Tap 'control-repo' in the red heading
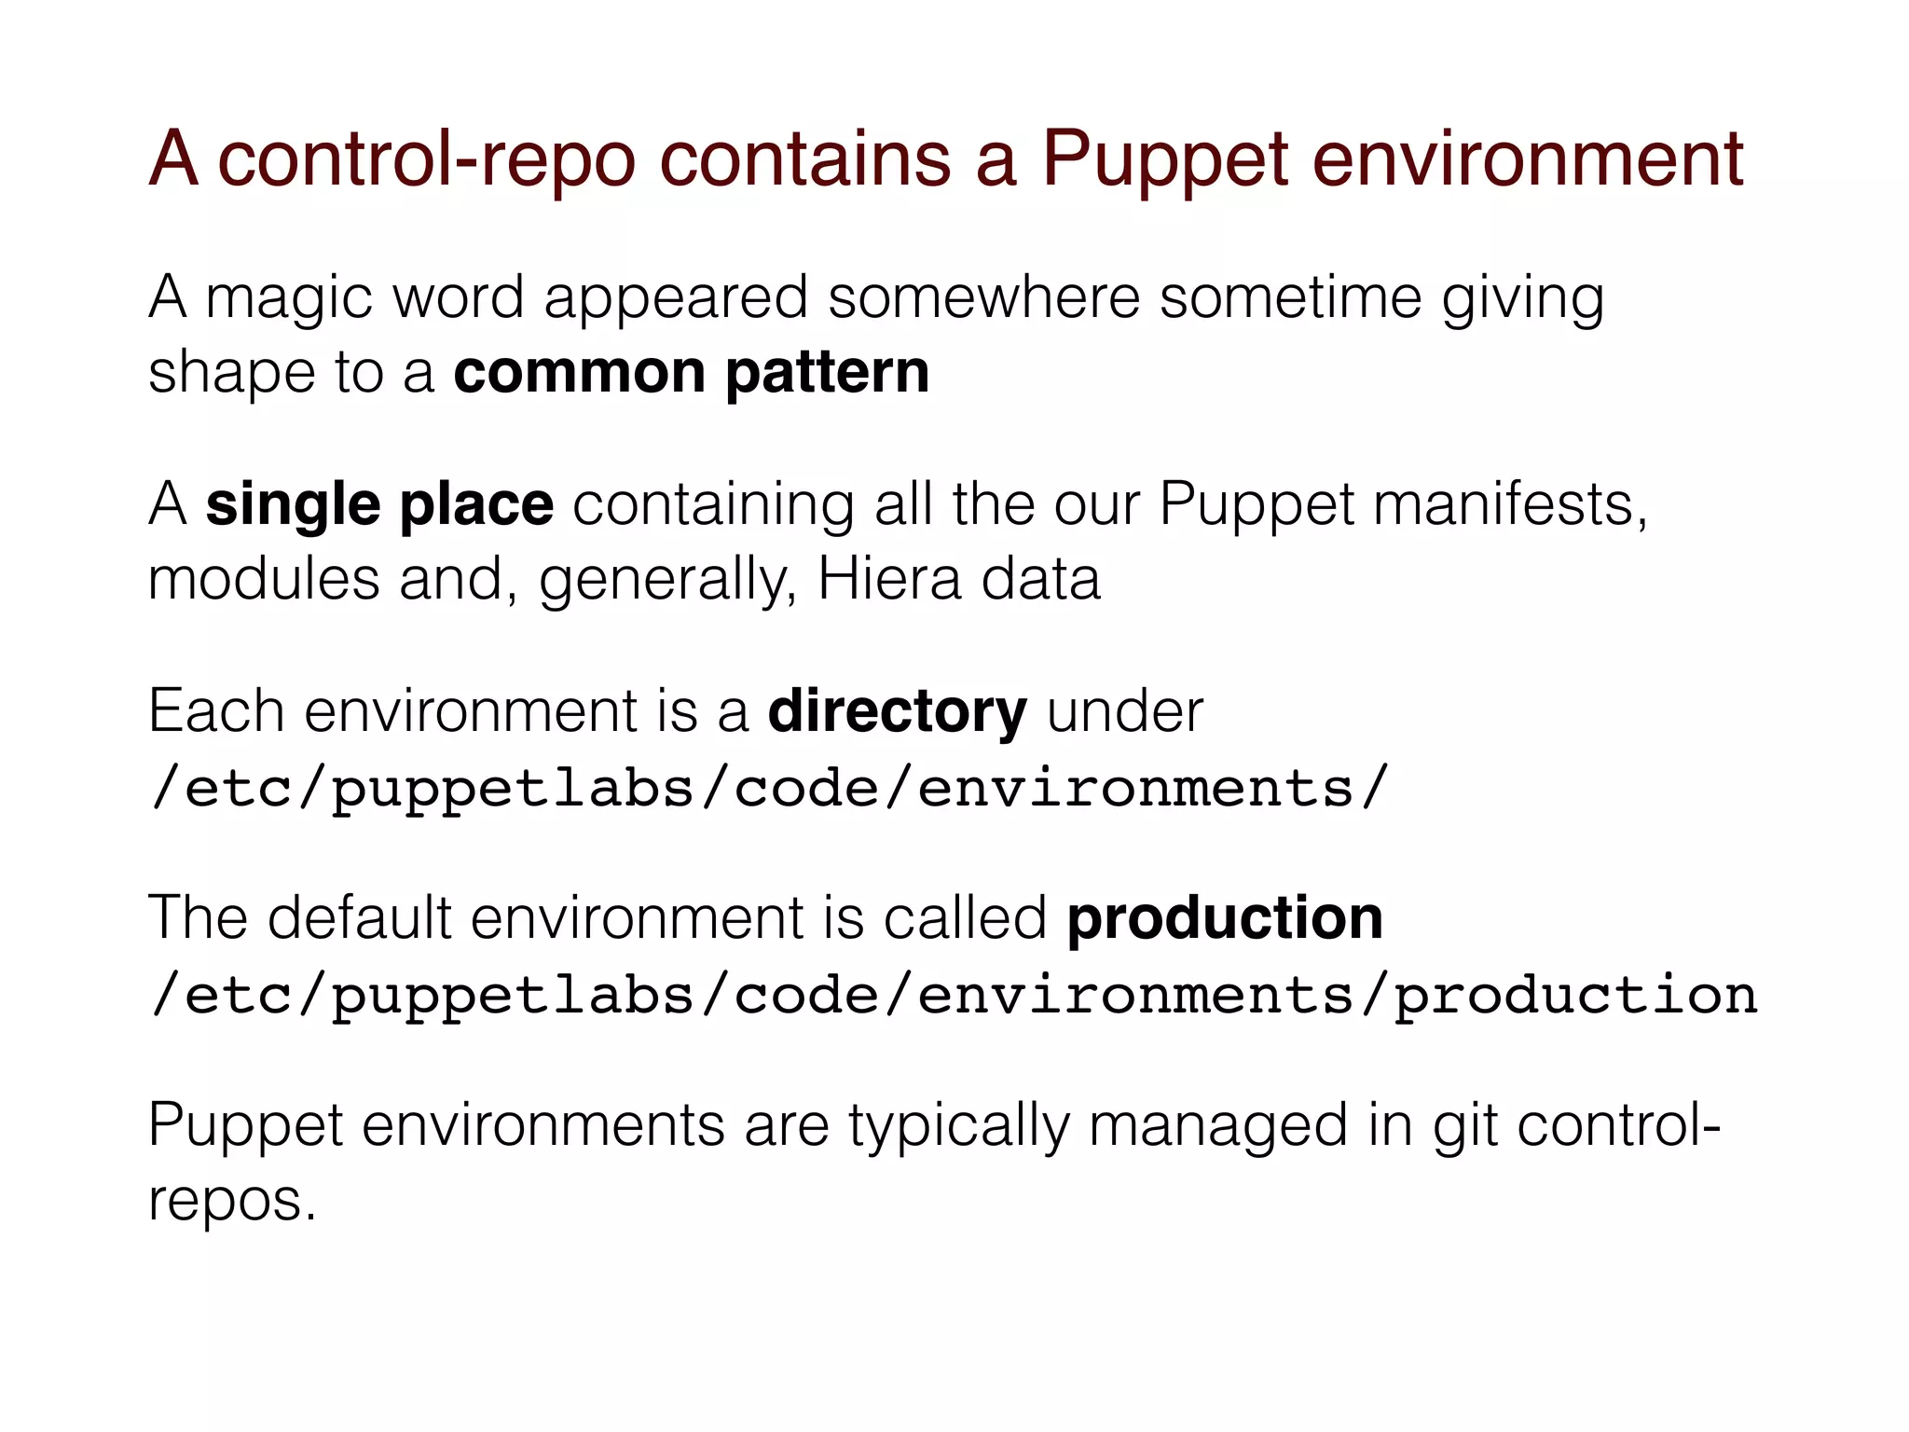[x=427, y=160]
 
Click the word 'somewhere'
[x=983, y=298]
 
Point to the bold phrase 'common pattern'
[x=691, y=373]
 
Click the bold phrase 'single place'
[x=379, y=505]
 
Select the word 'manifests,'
[x=1510, y=505]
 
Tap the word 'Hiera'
[x=888, y=580]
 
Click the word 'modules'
[x=264, y=580]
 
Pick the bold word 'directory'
[x=897, y=712]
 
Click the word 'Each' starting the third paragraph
[x=215, y=712]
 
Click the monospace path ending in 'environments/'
[x=768, y=789]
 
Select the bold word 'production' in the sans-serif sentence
[x=1224, y=919]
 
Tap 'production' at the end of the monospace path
[x=1574, y=996]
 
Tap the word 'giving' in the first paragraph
[x=1522, y=300]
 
